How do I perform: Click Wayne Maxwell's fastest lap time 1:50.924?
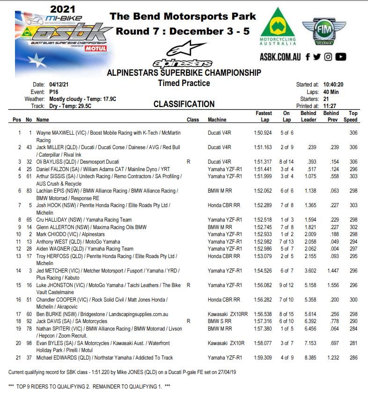(264, 133)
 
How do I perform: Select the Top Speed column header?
(353, 116)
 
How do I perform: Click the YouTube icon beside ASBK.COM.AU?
(341, 57)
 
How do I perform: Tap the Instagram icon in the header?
(328, 57)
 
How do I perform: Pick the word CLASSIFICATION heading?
(184, 104)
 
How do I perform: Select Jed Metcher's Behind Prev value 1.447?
(331, 270)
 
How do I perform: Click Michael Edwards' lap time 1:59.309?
(264, 358)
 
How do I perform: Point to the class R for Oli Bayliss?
(188, 162)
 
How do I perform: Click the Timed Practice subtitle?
(184, 83)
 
